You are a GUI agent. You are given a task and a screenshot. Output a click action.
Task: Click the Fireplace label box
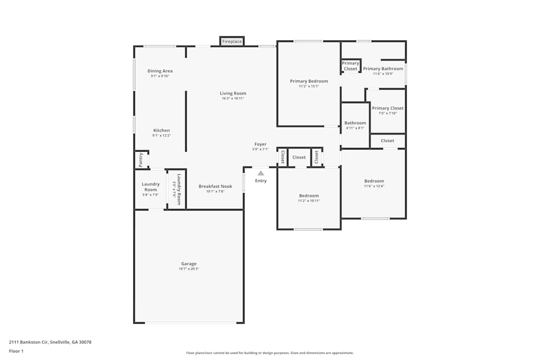(232, 42)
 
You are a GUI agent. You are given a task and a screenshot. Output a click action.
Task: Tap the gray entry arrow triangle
(261, 173)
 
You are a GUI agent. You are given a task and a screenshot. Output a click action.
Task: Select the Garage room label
(189, 264)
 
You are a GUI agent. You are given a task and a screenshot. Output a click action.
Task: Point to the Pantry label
(140, 159)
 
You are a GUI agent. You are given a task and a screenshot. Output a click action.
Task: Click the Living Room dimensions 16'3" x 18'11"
(233, 99)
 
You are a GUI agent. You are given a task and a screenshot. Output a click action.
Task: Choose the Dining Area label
(160, 71)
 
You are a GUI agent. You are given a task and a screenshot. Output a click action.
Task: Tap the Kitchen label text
(161, 130)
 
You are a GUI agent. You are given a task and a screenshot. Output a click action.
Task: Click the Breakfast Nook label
(215, 186)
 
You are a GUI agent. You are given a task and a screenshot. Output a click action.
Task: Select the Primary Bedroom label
(309, 81)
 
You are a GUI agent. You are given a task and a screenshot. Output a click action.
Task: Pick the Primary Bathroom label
(383, 69)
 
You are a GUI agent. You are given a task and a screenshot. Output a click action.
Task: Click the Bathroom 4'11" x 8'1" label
(355, 123)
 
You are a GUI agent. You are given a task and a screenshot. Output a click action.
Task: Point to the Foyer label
(261, 144)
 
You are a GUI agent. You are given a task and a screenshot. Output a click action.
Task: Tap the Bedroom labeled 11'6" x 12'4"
(374, 181)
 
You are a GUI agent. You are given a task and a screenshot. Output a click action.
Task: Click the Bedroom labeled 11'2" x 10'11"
(309, 195)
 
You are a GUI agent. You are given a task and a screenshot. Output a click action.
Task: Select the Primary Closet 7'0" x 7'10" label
(388, 108)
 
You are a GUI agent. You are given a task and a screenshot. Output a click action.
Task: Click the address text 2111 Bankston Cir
(29, 342)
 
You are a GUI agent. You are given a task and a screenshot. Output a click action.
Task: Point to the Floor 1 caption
(16, 351)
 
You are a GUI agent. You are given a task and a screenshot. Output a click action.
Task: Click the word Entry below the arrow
(261, 181)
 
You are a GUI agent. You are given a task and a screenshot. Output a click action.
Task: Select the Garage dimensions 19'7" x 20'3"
(189, 269)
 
